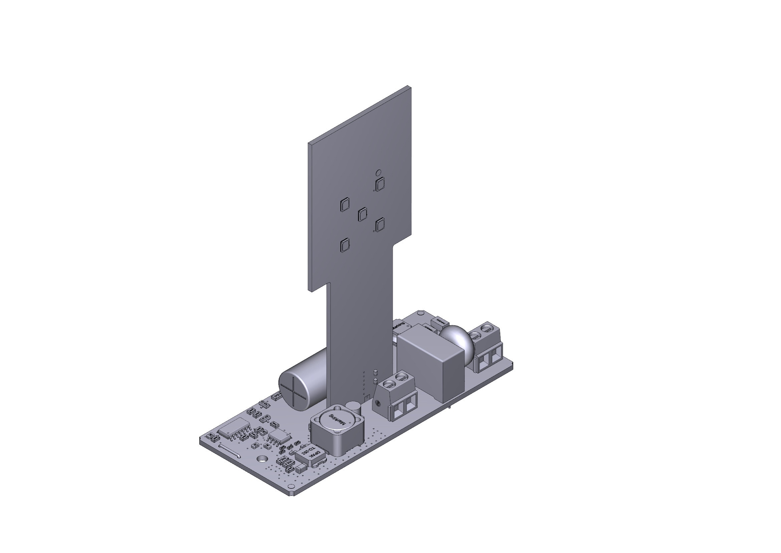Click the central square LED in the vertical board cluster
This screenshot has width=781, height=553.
pyautogui.click(x=363, y=214)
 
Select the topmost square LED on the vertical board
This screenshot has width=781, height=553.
pyautogui.click(x=380, y=185)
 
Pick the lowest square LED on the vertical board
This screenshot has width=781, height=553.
pyautogui.click(x=345, y=245)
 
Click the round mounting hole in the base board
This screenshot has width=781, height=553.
pyautogui.click(x=262, y=459)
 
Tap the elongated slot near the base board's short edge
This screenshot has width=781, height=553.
pyautogui.click(x=230, y=450)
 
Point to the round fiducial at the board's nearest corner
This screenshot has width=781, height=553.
pyautogui.click(x=290, y=486)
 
